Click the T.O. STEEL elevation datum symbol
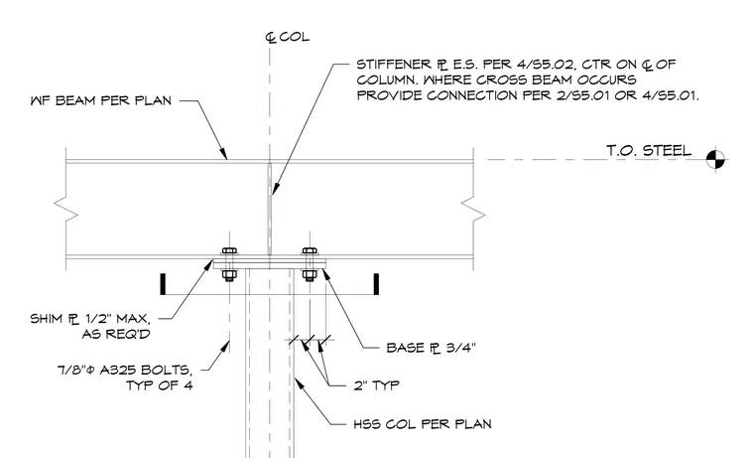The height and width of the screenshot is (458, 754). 715,159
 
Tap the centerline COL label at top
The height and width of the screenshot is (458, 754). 288,37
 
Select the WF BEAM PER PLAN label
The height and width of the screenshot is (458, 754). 100,100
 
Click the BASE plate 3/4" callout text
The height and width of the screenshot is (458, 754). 431,348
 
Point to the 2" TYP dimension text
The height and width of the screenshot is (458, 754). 377,385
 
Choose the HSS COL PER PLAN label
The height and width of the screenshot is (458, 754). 423,424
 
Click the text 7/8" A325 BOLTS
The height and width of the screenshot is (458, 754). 125,371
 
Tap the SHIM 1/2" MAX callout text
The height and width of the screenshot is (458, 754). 90,319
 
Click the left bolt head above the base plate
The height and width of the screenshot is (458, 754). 229,251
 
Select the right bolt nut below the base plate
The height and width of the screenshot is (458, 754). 310,275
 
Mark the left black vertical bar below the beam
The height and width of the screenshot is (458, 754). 163,284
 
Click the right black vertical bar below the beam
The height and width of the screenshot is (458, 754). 376,284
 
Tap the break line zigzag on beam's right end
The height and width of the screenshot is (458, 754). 473,209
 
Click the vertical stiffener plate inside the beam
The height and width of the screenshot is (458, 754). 269,209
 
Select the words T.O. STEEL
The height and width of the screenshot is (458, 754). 649,151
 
